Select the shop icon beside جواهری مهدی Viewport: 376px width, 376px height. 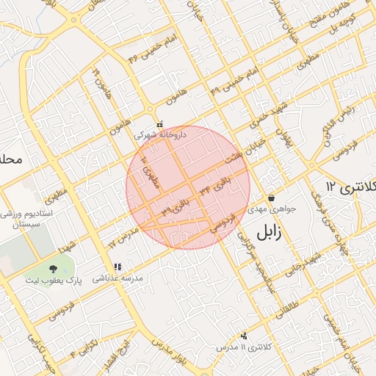(272, 198)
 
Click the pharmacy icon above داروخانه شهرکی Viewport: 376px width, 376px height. (161, 125)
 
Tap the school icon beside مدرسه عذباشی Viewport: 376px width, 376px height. (117, 268)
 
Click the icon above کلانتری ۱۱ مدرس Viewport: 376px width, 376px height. (244, 335)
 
